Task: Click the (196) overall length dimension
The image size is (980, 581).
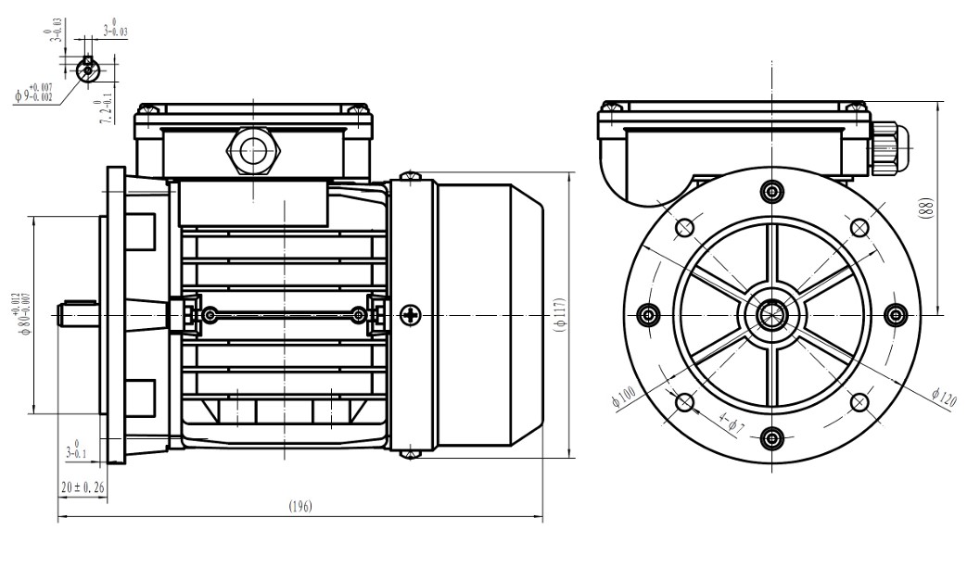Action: coord(299,506)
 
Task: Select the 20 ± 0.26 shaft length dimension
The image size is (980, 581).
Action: coord(83,486)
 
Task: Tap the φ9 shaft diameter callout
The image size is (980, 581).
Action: coord(34,92)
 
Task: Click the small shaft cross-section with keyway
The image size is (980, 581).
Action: coord(87,68)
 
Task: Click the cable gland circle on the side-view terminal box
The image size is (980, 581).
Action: coord(252,148)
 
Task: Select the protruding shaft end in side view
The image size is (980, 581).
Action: coord(80,315)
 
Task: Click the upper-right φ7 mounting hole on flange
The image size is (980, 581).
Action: coord(859,227)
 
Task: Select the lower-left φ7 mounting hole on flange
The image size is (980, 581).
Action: coord(684,402)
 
